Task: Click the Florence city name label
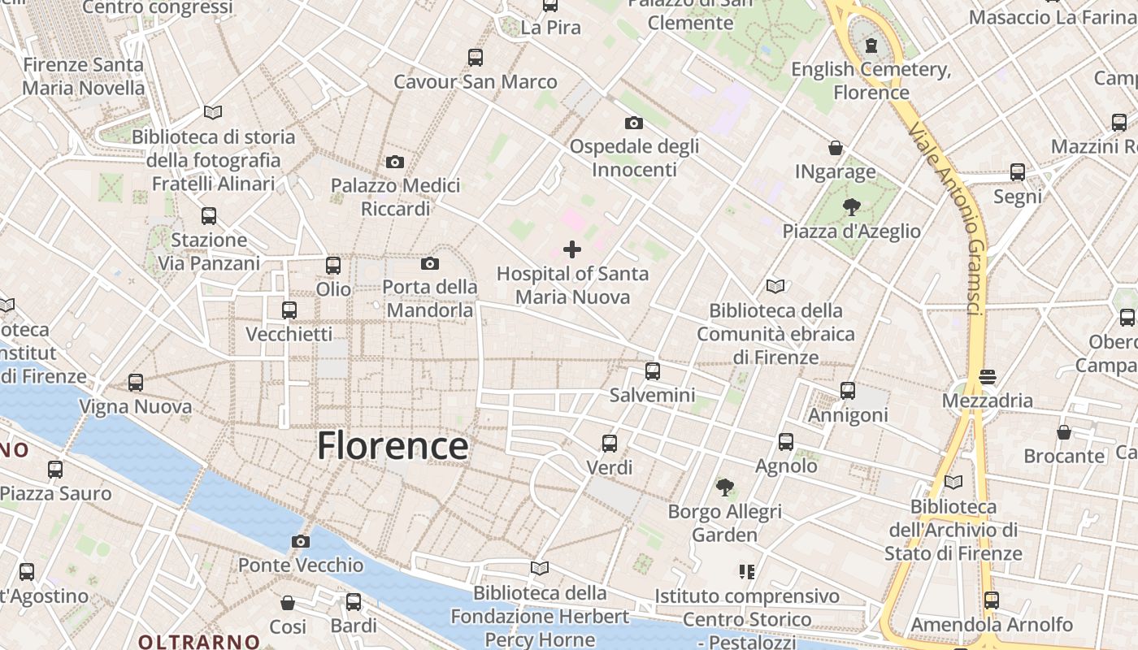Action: [393, 446]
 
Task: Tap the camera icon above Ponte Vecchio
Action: [301, 541]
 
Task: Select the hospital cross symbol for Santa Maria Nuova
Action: [572, 249]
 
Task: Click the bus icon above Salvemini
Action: [652, 371]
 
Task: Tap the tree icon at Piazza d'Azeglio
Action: [852, 207]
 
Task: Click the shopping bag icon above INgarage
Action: [835, 148]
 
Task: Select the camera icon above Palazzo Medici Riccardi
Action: [395, 162]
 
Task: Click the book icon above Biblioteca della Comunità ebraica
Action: [775, 286]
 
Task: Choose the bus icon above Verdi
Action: [610, 444]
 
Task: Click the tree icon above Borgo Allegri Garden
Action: [724, 487]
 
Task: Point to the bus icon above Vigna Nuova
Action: [136, 383]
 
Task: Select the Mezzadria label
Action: [988, 401]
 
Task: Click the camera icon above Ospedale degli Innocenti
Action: [634, 123]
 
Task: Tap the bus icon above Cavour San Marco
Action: [476, 58]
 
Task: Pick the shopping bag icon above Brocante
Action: [1064, 432]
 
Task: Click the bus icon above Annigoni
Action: [848, 391]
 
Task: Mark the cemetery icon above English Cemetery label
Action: [871, 45]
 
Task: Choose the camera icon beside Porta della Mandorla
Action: [430, 263]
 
